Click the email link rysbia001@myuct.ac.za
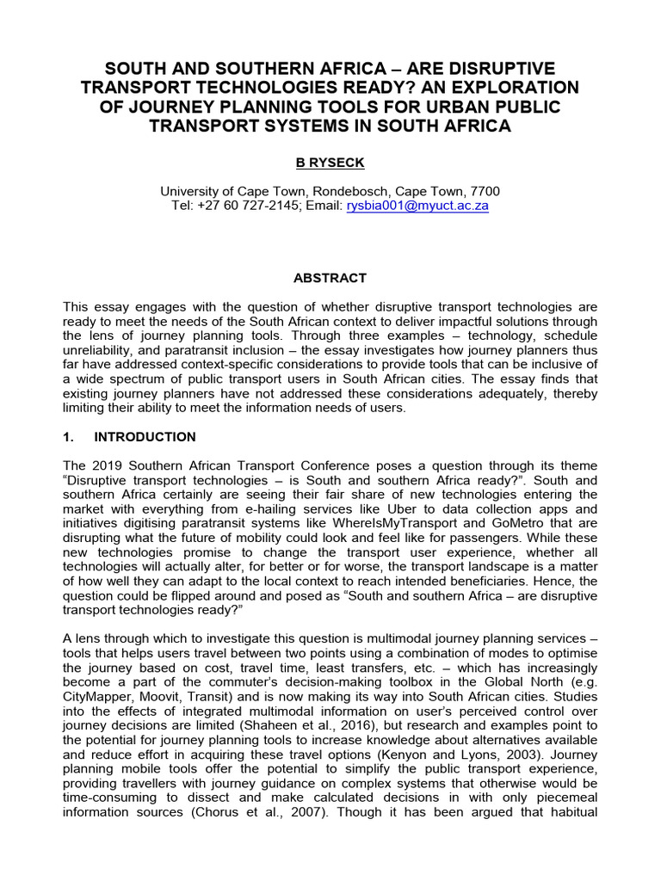pos(417,206)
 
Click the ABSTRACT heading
pos(330,278)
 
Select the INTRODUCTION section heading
pos(145,437)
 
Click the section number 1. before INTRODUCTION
pos(71,437)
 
